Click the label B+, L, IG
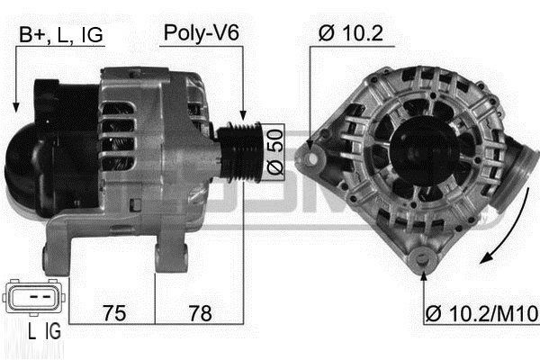61,34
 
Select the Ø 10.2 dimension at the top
351,34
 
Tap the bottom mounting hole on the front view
422,262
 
